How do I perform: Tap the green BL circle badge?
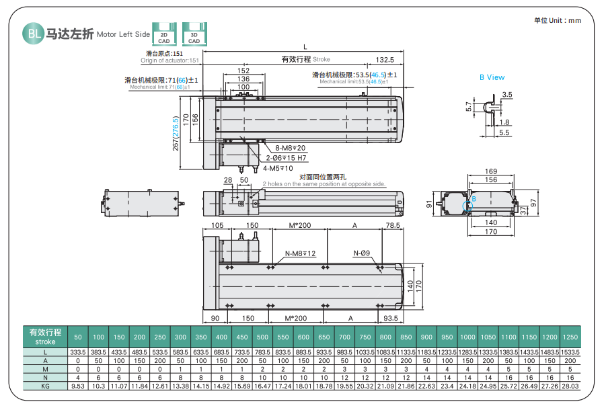[x=32, y=33]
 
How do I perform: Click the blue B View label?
[x=492, y=77]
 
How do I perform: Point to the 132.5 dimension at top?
[x=385, y=60]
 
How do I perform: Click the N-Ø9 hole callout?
[x=362, y=253]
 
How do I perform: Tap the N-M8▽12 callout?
[x=301, y=253]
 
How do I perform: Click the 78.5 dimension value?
[x=393, y=226]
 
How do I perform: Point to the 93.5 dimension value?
[x=390, y=318]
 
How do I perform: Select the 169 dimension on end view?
[x=491, y=171]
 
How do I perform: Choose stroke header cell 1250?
[x=570, y=337]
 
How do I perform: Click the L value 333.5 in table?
[x=78, y=352]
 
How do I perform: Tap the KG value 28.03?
[x=570, y=386]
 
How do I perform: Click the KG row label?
[x=45, y=386]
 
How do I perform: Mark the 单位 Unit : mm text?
[x=557, y=20]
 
